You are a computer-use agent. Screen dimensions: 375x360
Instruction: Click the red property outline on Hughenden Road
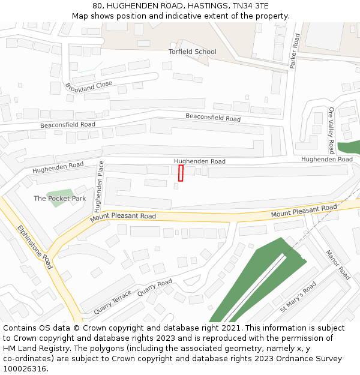(181, 173)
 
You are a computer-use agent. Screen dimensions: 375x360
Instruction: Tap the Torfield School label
(192, 52)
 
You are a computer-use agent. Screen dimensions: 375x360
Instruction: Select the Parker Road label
(294, 51)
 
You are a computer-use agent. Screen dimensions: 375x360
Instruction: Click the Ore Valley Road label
(331, 130)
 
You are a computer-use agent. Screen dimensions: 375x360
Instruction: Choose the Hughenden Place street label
(99, 187)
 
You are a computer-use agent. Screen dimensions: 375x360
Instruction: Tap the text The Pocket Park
(59, 198)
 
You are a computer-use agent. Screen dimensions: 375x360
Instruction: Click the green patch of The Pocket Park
(60, 199)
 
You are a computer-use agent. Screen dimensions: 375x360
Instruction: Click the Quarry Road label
(155, 287)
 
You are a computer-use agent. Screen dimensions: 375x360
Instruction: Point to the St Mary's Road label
(298, 297)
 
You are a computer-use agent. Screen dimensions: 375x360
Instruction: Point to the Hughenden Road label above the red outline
(200, 161)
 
